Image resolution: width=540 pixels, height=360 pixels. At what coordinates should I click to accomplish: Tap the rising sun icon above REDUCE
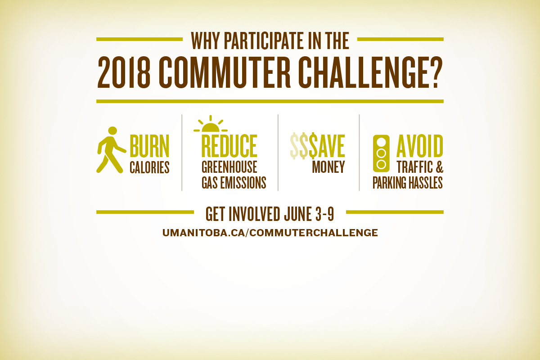pos(211,124)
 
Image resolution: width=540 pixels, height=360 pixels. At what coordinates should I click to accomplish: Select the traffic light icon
pos(381,153)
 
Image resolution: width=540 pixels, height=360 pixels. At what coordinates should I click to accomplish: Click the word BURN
pos(149,146)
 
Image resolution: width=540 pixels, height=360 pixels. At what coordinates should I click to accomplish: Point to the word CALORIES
pos(149,167)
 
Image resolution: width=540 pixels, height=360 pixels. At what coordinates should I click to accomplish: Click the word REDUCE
pos(229,146)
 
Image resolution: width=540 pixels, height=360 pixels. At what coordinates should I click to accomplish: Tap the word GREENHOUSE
pos(229,167)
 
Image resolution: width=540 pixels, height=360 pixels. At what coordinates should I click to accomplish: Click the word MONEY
pos(328,167)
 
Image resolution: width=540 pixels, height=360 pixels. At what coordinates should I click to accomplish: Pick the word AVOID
pos(420,146)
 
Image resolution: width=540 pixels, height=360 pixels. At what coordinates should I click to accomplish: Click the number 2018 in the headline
pos(124,72)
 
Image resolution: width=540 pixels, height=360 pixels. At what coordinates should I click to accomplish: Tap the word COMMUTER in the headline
pos(225,72)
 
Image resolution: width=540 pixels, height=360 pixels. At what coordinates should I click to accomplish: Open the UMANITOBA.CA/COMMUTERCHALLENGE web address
pos(270,233)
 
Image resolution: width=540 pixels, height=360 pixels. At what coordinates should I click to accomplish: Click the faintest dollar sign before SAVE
pos(294,146)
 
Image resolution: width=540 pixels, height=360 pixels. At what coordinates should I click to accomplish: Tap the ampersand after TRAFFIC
pos(440,167)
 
